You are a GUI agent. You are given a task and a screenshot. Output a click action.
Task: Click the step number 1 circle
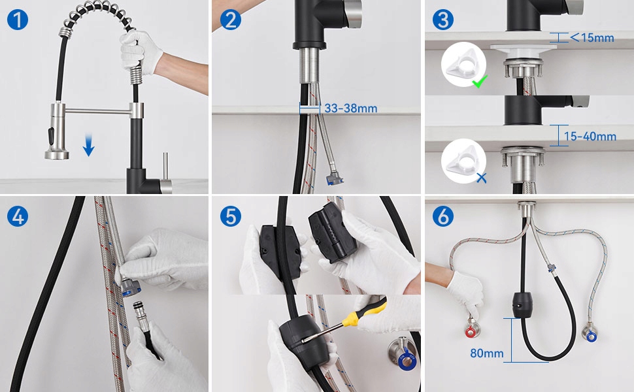click(18, 20)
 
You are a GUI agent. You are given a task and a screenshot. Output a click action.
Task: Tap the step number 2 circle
click(231, 20)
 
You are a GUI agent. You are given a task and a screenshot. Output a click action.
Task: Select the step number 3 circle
click(443, 20)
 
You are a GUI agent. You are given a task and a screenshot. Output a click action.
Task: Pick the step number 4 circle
click(18, 216)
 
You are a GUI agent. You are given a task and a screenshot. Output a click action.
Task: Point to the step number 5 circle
click(231, 216)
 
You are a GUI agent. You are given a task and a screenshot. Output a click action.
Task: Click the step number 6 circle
click(443, 216)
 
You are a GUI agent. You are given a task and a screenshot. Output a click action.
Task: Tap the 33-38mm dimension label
click(350, 108)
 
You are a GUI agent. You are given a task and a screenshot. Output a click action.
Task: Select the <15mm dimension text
click(592, 38)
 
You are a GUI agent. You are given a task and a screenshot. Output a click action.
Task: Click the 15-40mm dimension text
click(590, 136)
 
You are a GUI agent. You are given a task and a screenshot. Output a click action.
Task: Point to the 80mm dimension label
click(487, 353)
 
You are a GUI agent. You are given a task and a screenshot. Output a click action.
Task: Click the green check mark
click(480, 82)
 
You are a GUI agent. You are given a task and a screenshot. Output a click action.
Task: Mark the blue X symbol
click(481, 178)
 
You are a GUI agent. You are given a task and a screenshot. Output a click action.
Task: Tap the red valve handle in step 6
click(471, 333)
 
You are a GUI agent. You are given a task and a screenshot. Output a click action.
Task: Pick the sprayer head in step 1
click(57, 131)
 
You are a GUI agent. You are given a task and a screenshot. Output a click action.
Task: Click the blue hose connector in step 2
click(335, 178)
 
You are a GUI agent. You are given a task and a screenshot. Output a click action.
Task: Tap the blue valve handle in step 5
click(405, 361)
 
